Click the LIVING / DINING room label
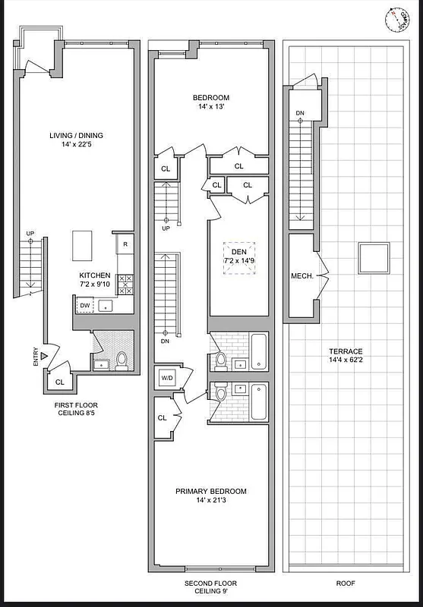(x=76, y=136)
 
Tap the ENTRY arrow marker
(x=45, y=355)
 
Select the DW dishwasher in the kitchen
(x=84, y=306)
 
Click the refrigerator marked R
(x=125, y=244)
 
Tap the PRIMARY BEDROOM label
(x=211, y=491)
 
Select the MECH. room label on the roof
(x=301, y=276)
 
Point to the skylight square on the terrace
(x=373, y=257)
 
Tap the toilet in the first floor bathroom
(x=122, y=360)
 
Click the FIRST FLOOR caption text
(x=75, y=405)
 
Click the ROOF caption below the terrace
(x=346, y=583)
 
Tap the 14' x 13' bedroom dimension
(x=210, y=108)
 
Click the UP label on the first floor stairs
(x=30, y=233)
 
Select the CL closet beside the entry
(x=60, y=382)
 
